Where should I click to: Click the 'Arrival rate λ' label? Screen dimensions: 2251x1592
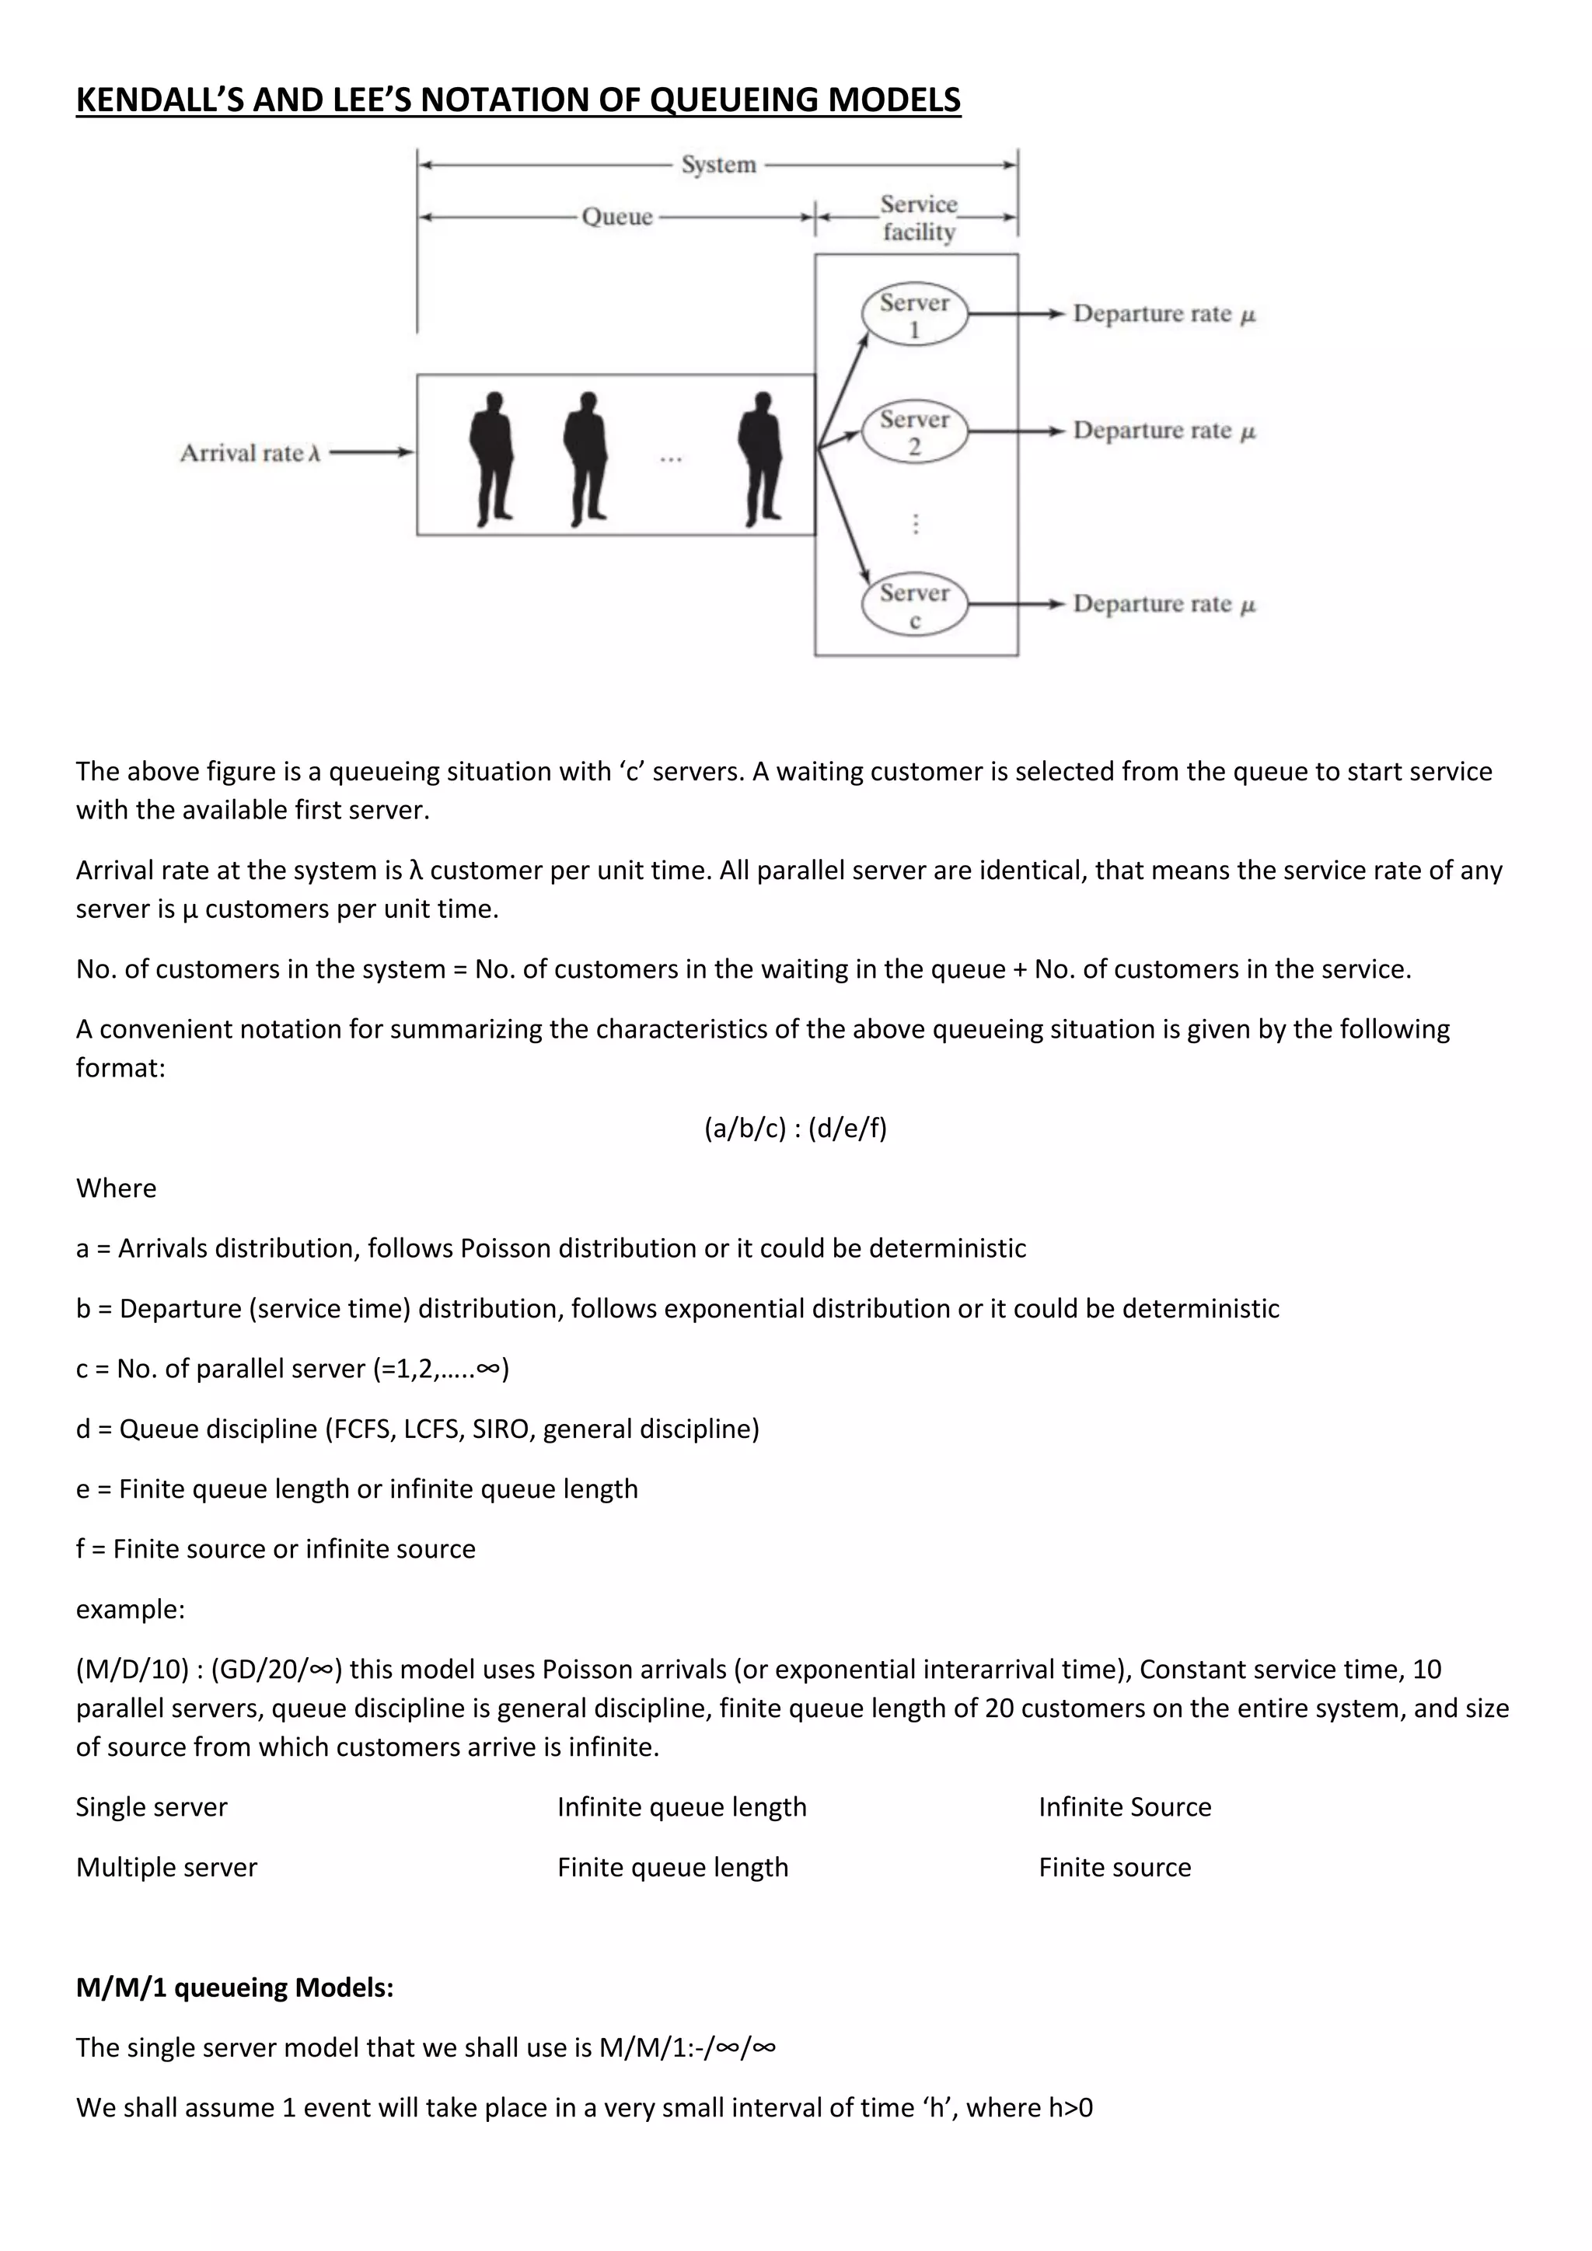250,453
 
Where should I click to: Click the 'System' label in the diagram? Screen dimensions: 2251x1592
718,165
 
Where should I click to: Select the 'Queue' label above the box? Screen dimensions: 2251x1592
616,217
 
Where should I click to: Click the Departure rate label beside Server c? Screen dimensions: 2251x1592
1164,604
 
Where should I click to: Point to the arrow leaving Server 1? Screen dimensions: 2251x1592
1015,314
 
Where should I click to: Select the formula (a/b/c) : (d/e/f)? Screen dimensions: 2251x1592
795,1129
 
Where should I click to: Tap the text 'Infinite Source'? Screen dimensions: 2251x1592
1124,1807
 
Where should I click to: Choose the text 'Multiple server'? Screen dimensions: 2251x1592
166,1868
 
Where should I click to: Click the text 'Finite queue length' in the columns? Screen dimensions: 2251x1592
672,1868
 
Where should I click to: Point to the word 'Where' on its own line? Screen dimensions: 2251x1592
116,1188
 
